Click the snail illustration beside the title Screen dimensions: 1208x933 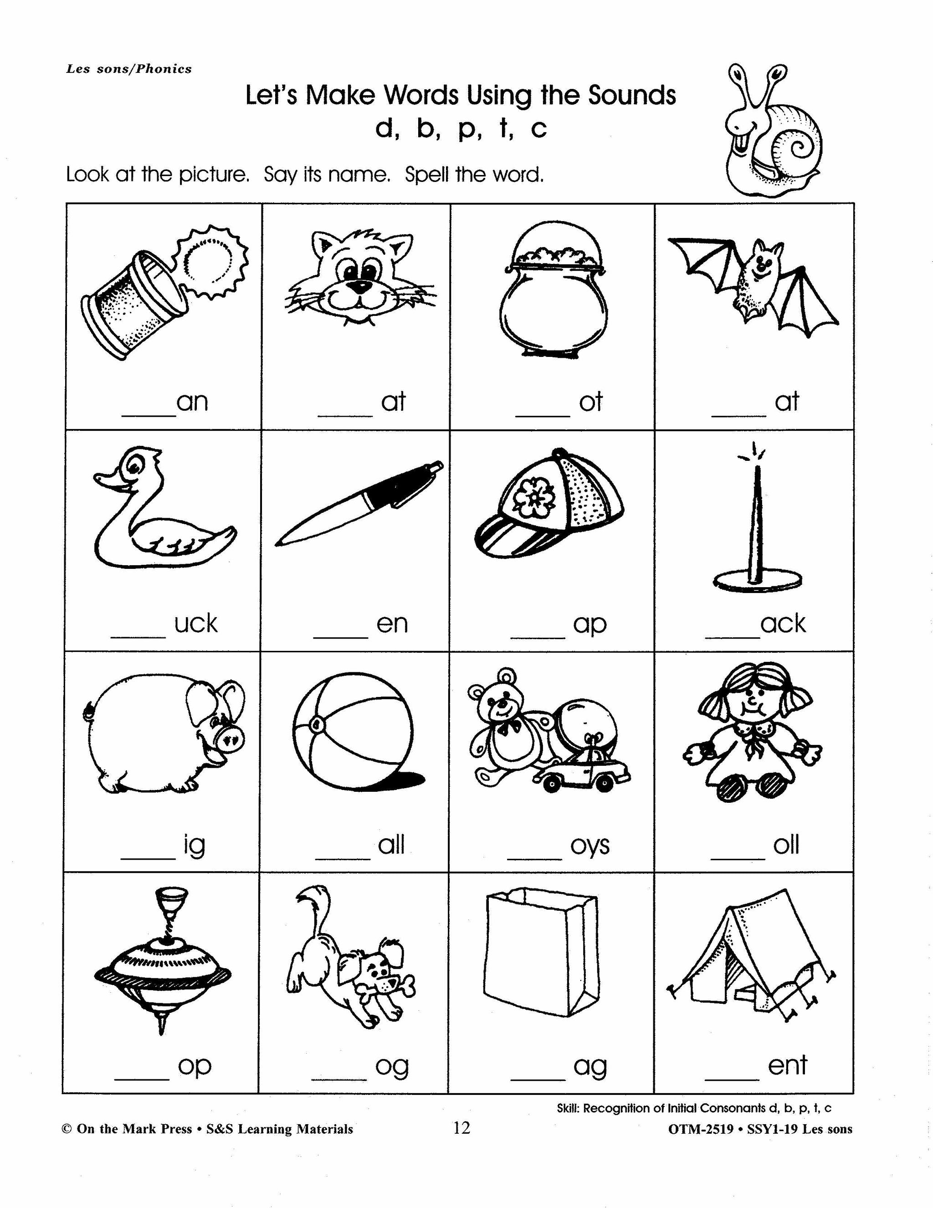pos(774,130)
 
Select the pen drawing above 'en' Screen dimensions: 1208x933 pos(359,503)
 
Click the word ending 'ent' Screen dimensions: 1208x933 pos(787,1065)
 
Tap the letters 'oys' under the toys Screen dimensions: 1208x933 pos(590,845)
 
